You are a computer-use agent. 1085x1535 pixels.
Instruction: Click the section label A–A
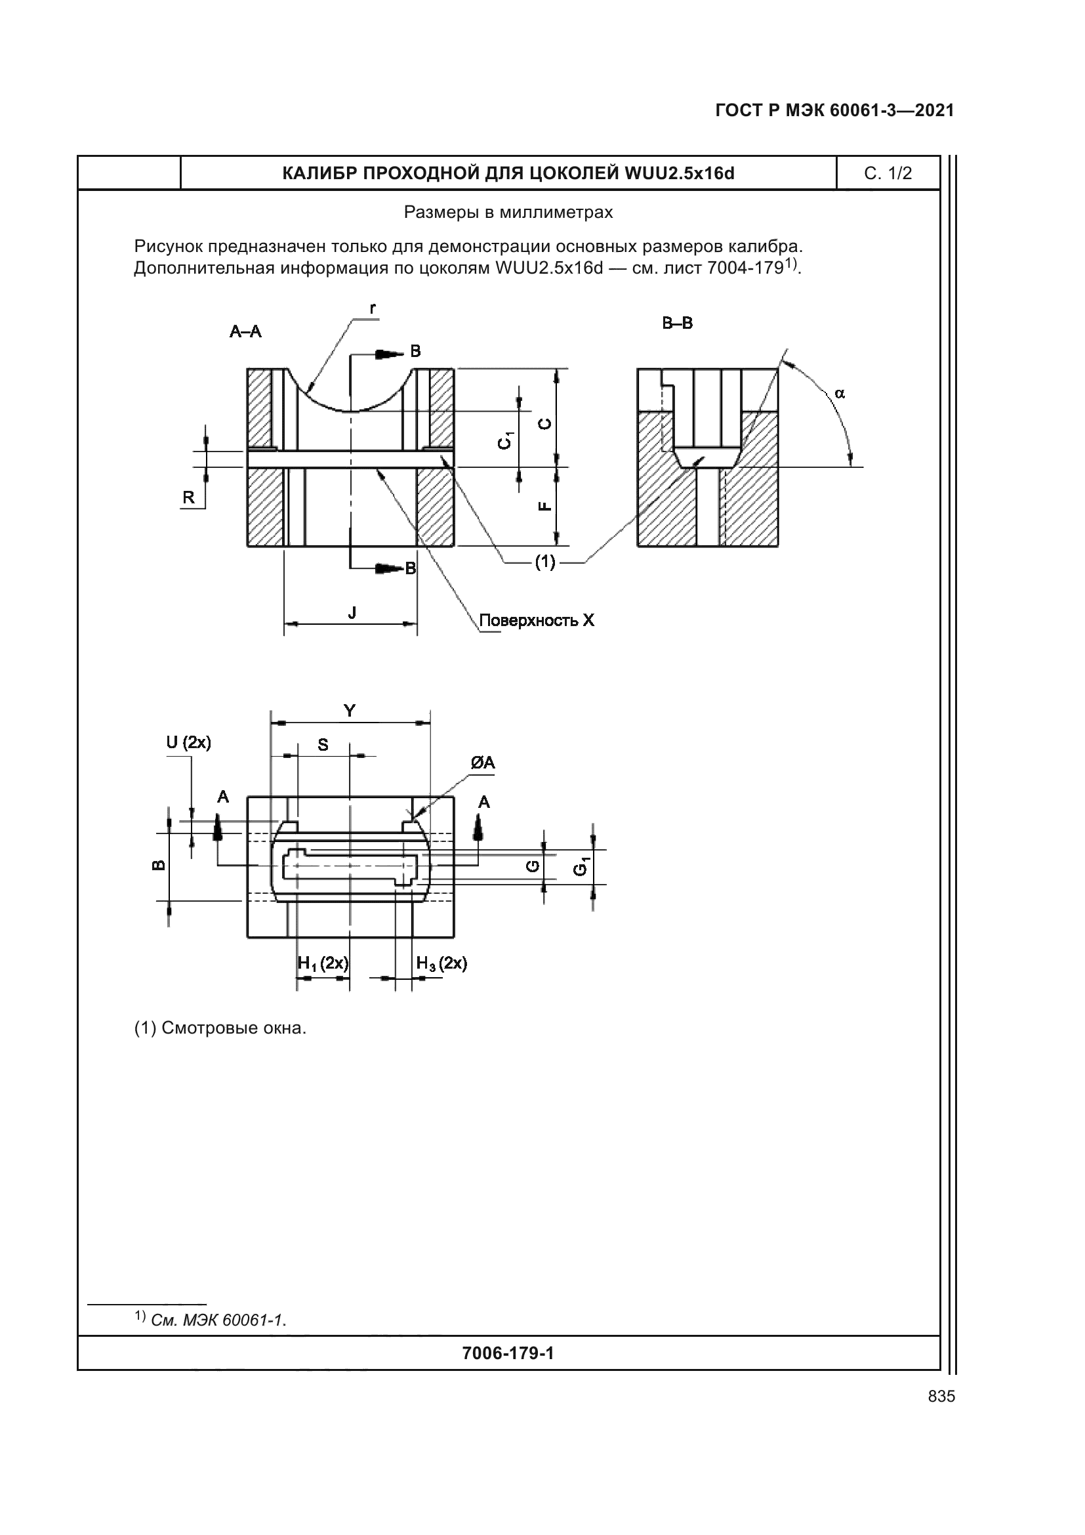click(x=245, y=331)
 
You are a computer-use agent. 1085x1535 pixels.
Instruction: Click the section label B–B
click(x=677, y=324)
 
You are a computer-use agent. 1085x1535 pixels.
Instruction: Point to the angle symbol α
click(x=840, y=394)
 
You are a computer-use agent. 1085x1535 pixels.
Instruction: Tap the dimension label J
click(x=352, y=612)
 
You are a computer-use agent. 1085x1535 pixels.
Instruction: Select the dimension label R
click(x=188, y=497)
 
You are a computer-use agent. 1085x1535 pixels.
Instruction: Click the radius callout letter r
click(x=372, y=308)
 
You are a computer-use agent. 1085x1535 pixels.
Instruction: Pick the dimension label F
click(x=545, y=505)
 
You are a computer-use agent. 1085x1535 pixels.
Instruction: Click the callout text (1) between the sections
click(x=544, y=562)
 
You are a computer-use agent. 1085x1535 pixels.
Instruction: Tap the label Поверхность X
click(x=537, y=620)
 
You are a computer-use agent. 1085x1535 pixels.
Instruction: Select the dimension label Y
click(x=349, y=711)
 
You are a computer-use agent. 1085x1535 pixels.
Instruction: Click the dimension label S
click(x=323, y=745)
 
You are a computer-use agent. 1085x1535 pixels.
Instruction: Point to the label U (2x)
click(x=188, y=742)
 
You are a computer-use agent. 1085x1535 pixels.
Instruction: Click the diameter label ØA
click(x=482, y=763)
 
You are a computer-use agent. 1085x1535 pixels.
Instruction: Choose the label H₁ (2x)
click(x=323, y=963)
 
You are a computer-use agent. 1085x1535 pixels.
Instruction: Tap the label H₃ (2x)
click(x=441, y=963)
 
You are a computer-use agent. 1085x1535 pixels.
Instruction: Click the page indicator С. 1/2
click(x=888, y=174)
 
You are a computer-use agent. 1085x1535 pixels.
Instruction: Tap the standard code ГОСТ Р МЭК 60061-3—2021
click(x=834, y=110)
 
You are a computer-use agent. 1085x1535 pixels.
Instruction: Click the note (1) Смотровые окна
click(x=220, y=1028)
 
